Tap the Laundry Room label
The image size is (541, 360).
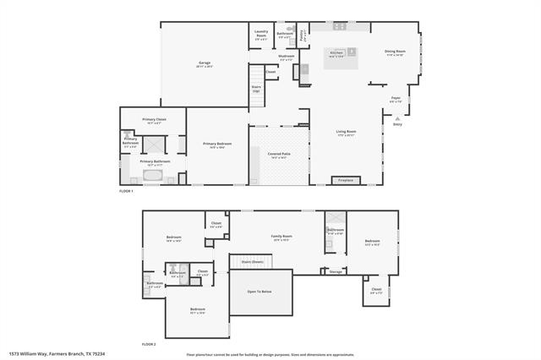262,34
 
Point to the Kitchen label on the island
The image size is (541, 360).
336,53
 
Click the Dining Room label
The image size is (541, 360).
396,52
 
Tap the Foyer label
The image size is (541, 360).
396,100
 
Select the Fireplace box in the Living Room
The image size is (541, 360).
346,180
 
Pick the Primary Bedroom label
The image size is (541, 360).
217,145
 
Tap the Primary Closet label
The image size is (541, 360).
154,121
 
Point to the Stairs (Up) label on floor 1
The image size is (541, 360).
256,88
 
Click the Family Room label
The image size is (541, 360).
281,237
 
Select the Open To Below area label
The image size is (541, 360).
260,292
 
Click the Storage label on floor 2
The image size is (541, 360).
336,271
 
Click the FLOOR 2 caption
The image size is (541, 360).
149,345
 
